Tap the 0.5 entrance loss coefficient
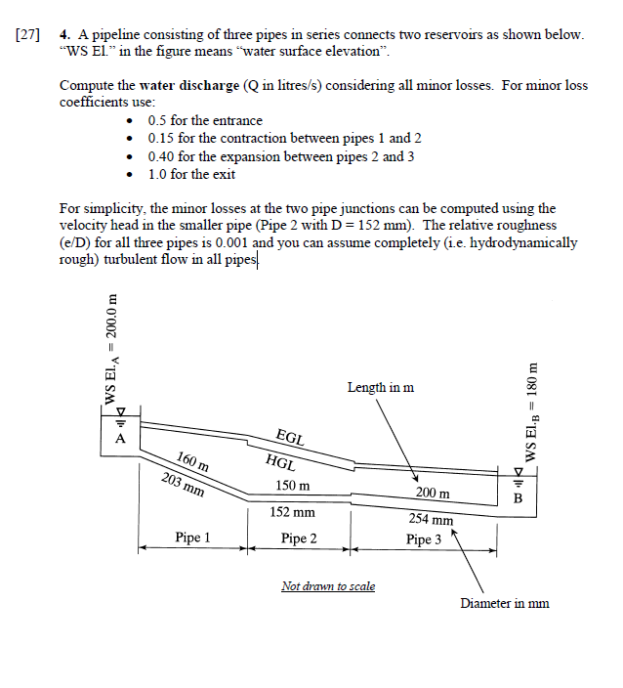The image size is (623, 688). [x=158, y=120]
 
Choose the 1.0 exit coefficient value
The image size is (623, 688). [x=158, y=174]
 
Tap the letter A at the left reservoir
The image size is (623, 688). [x=121, y=439]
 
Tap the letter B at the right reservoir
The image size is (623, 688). [x=519, y=497]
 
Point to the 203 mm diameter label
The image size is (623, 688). [x=184, y=483]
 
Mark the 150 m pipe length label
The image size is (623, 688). [x=293, y=486]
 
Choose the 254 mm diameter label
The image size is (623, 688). [x=431, y=521]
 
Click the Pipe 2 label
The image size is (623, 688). [x=299, y=538]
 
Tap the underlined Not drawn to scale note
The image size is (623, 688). [x=327, y=586]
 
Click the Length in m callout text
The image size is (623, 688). [x=380, y=388]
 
